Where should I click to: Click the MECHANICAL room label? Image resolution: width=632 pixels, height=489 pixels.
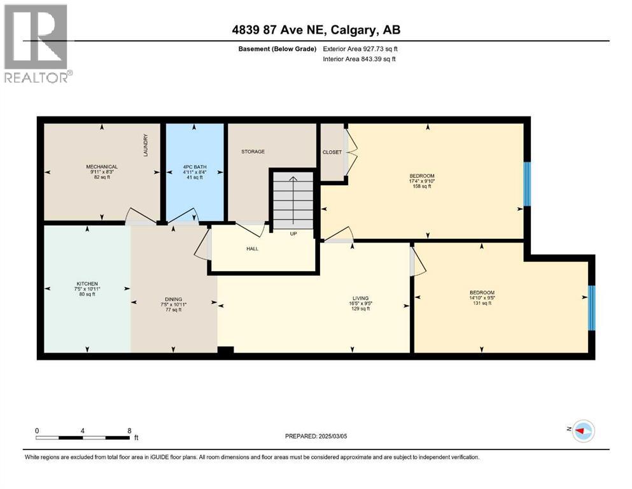pyautogui.click(x=102, y=167)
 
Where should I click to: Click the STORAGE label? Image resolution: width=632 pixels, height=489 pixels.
pyautogui.click(x=253, y=152)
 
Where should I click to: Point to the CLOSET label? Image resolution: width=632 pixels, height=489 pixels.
pyautogui.click(x=332, y=152)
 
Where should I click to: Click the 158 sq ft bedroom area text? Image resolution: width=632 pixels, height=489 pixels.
pyautogui.click(x=421, y=188)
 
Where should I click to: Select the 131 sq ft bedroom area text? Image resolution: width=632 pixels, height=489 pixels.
pyautogui.click(x=482, y=303)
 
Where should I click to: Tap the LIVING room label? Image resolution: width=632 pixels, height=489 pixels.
pyautogui.click(x=361, y=298)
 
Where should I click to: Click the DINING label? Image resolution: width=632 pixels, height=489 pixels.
pyautogui.click(x=173, y=299)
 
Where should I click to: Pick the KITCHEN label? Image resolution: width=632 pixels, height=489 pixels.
pyautogui.click(x=87, y=283)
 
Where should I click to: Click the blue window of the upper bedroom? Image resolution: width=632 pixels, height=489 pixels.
pyautogui.click(x=526, y=184)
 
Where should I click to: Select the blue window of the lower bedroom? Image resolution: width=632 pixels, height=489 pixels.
pyautogui.click(x=591, y=308)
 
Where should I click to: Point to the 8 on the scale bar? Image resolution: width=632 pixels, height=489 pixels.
pyautogui.click(x=130, y=430)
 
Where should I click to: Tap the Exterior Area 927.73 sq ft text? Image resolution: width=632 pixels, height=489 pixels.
pyautogui.click(x=360, y=49)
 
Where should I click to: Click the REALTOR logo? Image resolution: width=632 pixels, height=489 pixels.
pyautogui.click(x=36, y=44)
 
